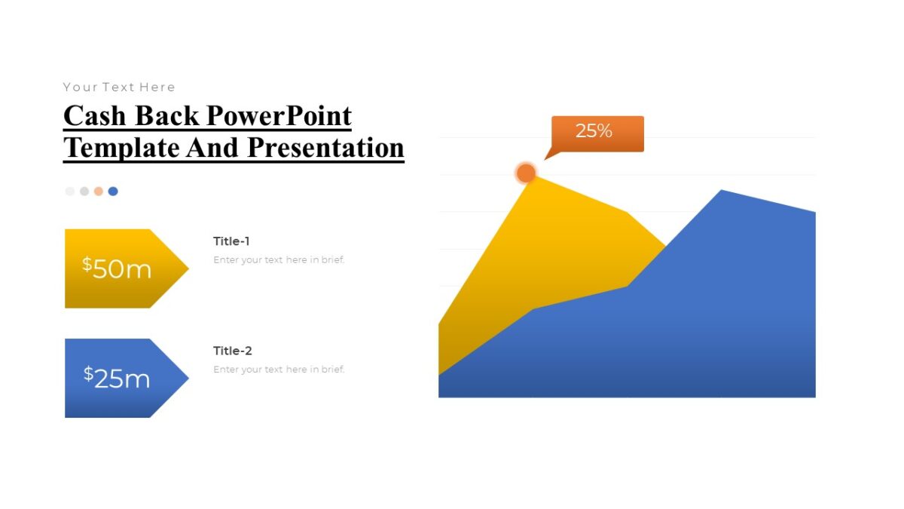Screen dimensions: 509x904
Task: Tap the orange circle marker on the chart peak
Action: coord(526,173)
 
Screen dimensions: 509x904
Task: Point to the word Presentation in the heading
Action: coord(325,147)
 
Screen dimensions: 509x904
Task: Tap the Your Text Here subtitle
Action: coord(119,87)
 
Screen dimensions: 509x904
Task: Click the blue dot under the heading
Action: coord(113,192)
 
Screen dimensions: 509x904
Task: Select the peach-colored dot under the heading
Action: coord(99,192)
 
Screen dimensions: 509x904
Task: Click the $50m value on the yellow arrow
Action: coord(117,268)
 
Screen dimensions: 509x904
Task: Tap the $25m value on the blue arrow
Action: coord(117,378)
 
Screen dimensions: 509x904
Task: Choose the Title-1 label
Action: coord(231,241)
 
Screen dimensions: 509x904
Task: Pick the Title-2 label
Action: coord(232,351)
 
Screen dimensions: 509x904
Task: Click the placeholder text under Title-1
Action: coord(279,260)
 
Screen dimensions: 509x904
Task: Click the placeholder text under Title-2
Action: coord(279,369)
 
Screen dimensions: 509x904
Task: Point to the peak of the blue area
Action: coord(722,192)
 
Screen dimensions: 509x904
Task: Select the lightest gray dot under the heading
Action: coord(70,192)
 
